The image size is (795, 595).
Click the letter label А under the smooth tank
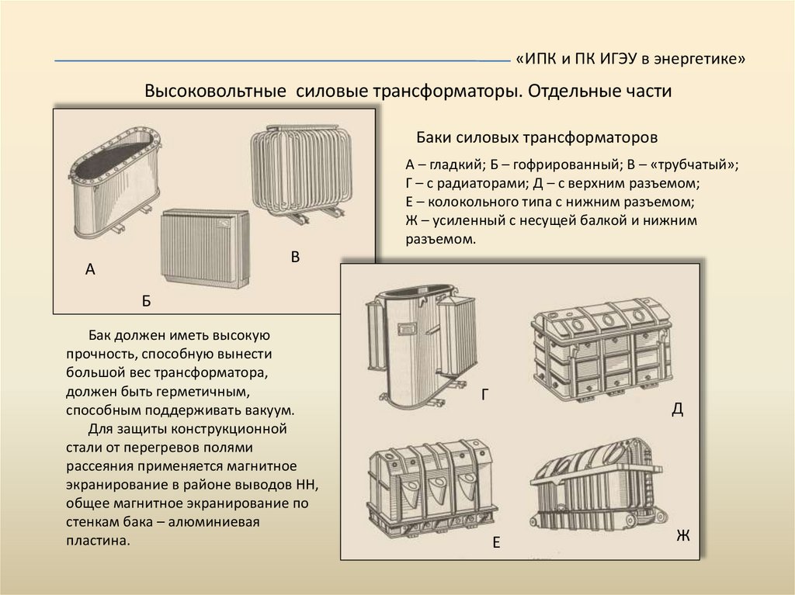[x=90, y=270]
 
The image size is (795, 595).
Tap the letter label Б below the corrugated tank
[x=146, y=301]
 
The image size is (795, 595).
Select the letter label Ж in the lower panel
[x=682, y=535]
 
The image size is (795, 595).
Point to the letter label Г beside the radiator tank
[x=484, y=395]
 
